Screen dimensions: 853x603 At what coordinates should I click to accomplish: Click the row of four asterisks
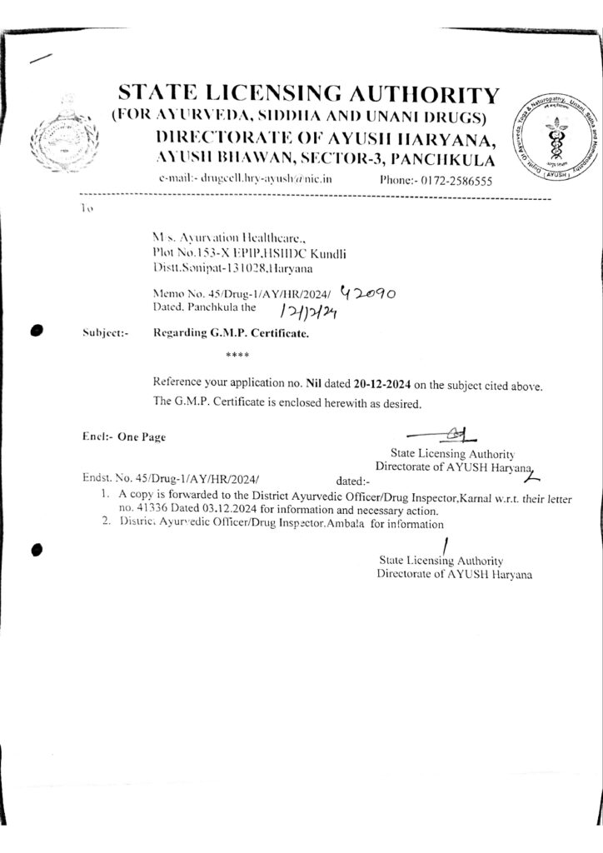[x=237, y=357]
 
